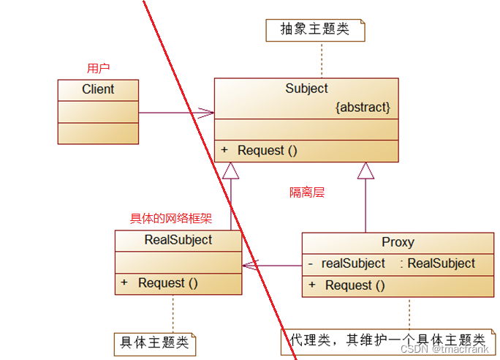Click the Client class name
[x=98, y=89]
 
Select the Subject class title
[x=306, y=89]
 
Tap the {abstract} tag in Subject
[x=363, y=108]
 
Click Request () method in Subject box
[x=268, y=150]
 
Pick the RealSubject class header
[x=178, y=240]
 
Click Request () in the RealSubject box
[x=168, y=282]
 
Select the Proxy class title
[x=398, y=242]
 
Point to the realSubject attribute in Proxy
[x=353, y=263]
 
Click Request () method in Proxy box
[x=355, y=285]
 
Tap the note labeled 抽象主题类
[x=314, y=30]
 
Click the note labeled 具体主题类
[x=154, y=342]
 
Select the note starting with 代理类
[x=387, y=340]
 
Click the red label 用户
[x=98, y=68]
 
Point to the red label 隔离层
[x=307, y=192]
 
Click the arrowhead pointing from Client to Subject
[x=207, y=113]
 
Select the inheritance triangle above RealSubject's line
[x=231, y=170]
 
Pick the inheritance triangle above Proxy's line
[x=365, y=170]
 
